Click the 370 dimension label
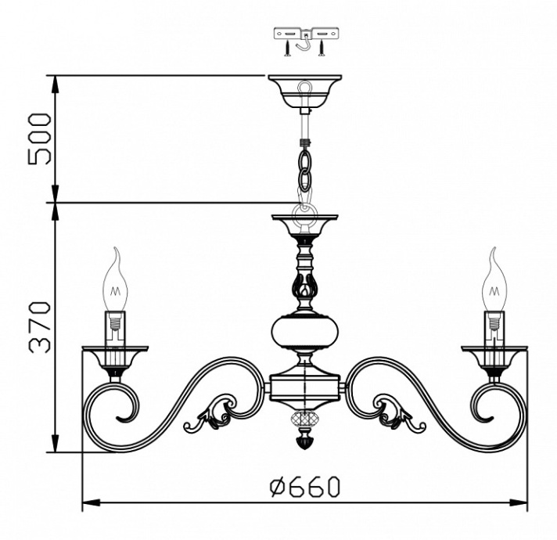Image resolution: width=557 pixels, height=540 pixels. (39, 326)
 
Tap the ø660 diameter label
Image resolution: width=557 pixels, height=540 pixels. (304, 487)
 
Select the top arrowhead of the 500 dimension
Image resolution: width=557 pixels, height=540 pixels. (56, 81)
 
